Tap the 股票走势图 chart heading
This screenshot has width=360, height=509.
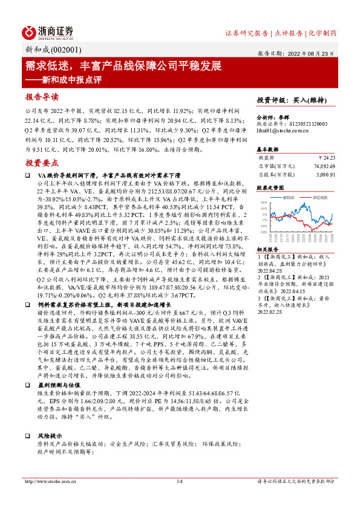270,189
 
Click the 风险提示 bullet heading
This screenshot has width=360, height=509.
50,435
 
